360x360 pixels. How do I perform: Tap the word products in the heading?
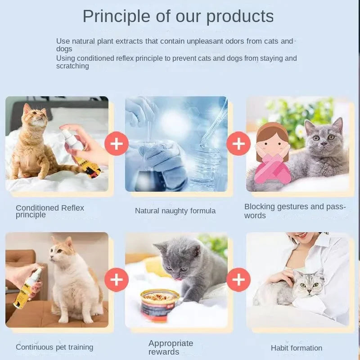[240, 17]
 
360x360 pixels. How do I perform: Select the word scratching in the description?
[72, 66]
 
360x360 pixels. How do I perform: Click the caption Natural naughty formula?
[175, 211]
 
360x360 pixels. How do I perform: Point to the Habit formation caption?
[297, 348]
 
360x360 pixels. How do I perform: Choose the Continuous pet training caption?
[54, 347]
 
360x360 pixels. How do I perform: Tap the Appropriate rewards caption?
[171, 347]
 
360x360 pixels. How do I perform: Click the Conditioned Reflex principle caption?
[50, 211]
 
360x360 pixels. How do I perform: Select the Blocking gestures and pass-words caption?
[295, 211]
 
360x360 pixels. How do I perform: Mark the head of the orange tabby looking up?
[35, 116]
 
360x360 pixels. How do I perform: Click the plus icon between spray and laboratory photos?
[117, 144]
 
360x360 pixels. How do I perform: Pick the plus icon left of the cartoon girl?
[238, 144]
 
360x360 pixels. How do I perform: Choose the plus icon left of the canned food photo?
[117, 279]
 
